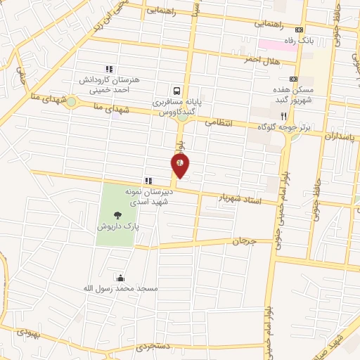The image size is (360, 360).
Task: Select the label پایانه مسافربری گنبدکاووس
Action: click(178, 107)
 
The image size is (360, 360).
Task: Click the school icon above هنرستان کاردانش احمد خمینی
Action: click(109, 69)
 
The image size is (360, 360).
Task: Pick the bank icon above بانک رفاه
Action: click(300, 30)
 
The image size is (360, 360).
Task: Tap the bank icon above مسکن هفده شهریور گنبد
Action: click(293, 79)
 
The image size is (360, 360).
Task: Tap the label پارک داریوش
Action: click(118, 228)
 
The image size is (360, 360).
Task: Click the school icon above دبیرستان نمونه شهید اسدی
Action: click(148, 181)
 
